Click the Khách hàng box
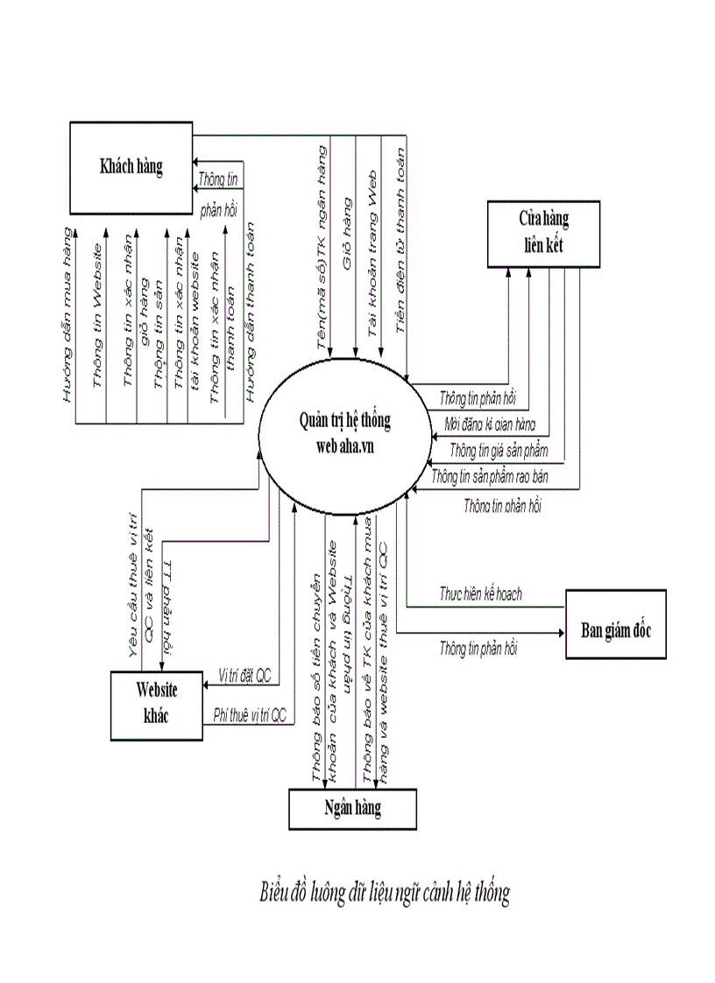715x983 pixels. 131,167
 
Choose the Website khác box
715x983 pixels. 156,704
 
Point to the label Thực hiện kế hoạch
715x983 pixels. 480,594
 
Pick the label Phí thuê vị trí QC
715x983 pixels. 250,715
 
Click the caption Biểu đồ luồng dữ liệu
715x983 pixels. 385,893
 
